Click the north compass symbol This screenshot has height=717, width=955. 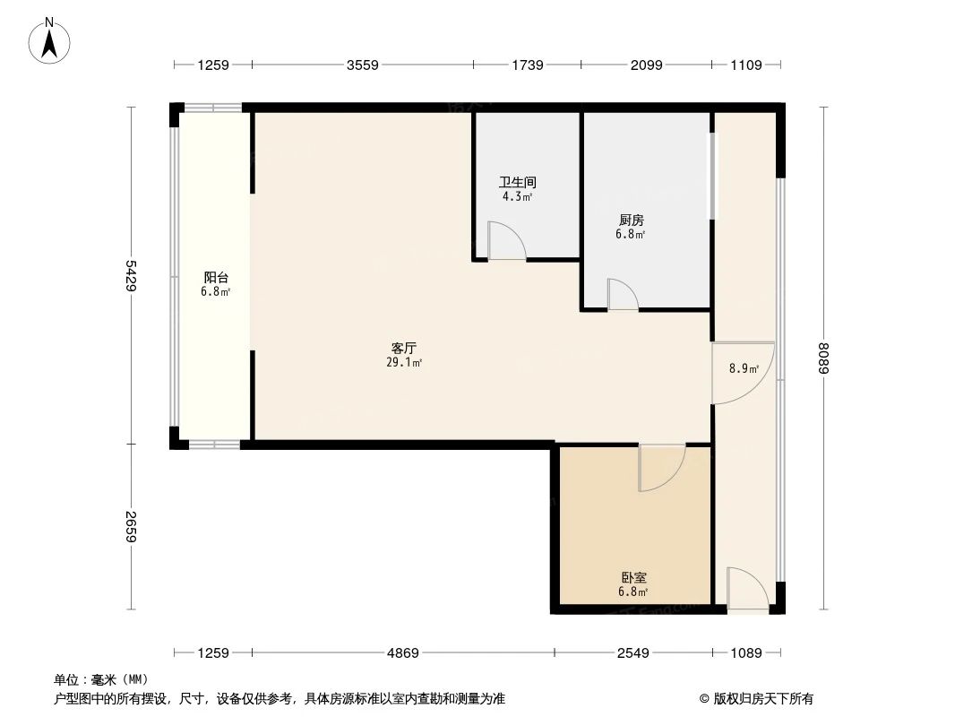coord(50,40)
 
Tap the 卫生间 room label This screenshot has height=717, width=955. coord(518,183)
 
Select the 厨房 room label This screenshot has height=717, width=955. coord(630,220)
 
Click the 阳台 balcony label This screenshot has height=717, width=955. coord(216,278)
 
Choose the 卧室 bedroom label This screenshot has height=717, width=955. coord(632,578)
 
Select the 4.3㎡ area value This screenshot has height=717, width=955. coord(518,196)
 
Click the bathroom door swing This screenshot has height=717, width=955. coord(506,241)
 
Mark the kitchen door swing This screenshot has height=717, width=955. coord(622,295)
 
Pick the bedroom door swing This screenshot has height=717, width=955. coord(661,467)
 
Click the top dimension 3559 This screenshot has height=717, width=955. coord(363,65)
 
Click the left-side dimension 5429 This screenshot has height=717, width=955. coord(132,275)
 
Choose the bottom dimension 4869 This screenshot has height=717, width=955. coord(402,653)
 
